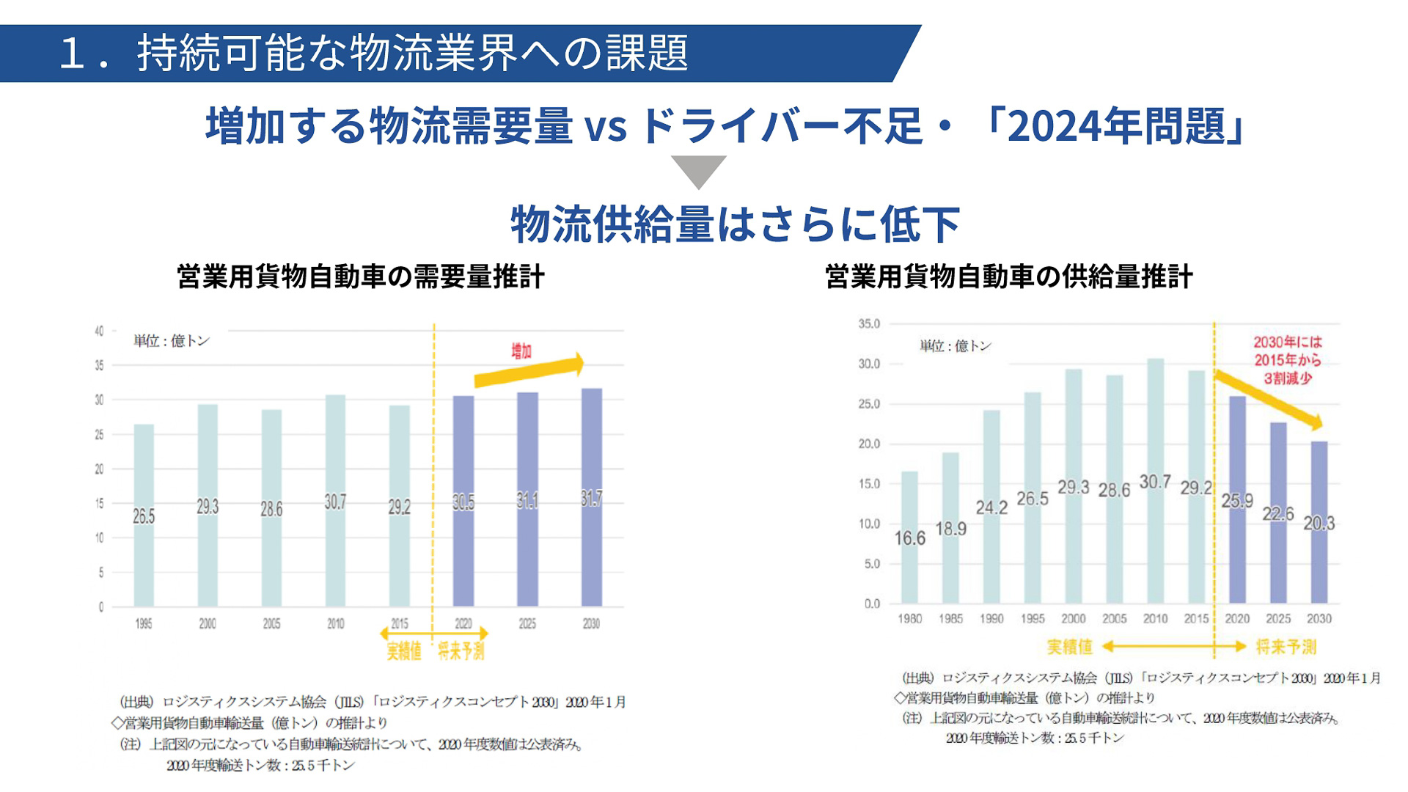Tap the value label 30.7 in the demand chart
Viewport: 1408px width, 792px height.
click(335, 502)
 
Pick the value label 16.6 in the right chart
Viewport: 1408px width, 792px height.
click(909, 538)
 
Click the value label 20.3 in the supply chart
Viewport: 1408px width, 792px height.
click(1319, 524)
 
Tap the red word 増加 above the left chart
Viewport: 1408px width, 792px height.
click(521, 351)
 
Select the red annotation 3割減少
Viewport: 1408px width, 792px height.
click(1288, 378)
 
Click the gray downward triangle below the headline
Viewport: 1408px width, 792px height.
click(698, 170)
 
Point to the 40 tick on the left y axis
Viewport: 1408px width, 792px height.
click(99, 331)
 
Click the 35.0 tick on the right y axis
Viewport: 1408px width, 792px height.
click(869, 323)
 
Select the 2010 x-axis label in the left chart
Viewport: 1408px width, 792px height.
click(335, 623)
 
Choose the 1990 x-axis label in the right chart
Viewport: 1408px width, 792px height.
click(991, 619)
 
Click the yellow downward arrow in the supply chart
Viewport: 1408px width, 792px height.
click(1269, 400)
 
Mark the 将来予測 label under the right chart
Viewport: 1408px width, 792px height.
click(1286, 647)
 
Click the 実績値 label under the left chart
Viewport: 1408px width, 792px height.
click(404, 650)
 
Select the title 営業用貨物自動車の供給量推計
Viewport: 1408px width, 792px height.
click(1008, 277)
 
